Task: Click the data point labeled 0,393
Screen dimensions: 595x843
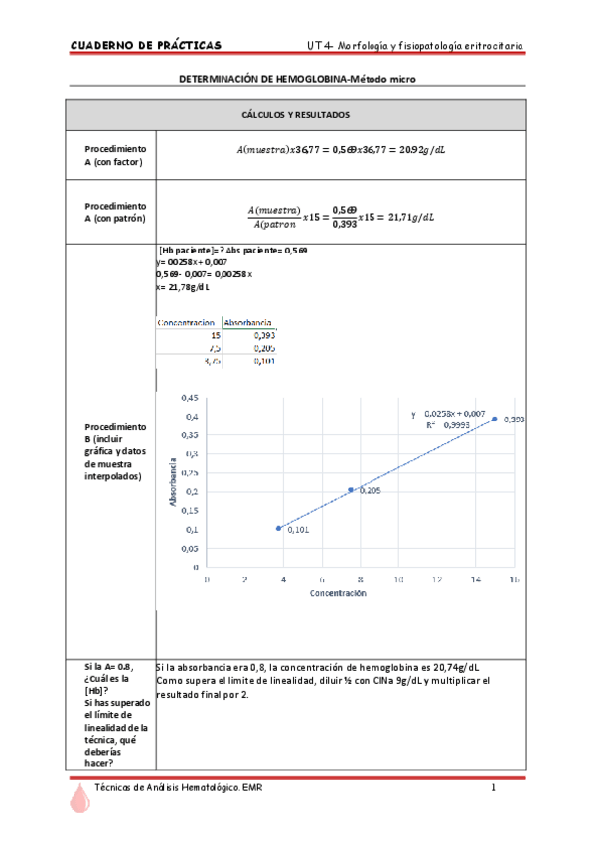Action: (x=494, y=420)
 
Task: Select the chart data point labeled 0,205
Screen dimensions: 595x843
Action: (x=351, y=489)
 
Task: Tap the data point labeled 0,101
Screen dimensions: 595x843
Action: (x=278, y=528)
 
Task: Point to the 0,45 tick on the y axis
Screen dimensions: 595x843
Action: (x=188, y=398)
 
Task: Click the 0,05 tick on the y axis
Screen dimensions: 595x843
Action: (x=188, y=548)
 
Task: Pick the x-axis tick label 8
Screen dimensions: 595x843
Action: (x=361, y=578)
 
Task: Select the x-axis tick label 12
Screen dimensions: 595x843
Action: (x=437, y=578)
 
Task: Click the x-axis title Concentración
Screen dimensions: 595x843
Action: (x=338, y=594)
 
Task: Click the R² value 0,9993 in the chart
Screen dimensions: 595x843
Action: (x=457, y=424)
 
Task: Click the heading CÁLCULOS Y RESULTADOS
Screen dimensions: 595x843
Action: (x=295, y=115)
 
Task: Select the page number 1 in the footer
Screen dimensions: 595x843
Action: (x=493, y=788)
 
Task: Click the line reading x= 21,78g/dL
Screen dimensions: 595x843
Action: (x=187, y=287)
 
